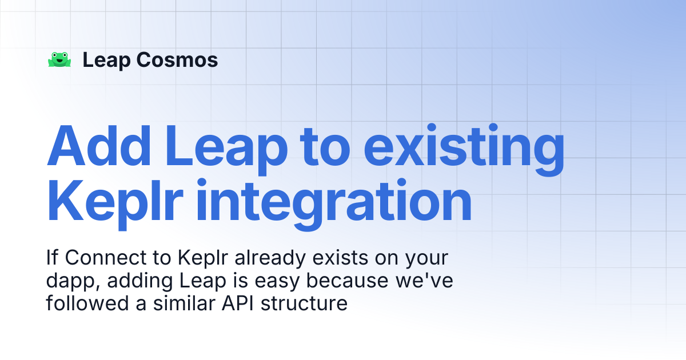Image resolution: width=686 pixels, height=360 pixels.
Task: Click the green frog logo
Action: tap(59, 59)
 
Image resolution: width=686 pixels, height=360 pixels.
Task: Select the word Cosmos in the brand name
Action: tap(177, 59)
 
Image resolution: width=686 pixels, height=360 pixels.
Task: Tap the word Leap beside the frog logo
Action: tap(106, 61)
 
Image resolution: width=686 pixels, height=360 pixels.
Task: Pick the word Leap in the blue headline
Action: tap(226, 149)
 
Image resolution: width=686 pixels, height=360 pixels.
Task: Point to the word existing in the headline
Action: tap(464, 149)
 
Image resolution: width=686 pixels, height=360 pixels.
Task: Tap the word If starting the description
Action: tap(52, 258)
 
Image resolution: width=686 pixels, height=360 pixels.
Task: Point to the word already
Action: tap(270, 259)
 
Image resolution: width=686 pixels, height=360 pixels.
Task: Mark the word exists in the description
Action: tap(340, 258)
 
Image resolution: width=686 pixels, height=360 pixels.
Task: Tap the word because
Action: tap(348, 281)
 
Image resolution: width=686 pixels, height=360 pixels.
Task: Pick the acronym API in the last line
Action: tap(238, 303)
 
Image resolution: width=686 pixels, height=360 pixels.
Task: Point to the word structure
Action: tap(304, 303)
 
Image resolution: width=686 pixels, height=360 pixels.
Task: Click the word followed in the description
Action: tap(87, 303)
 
